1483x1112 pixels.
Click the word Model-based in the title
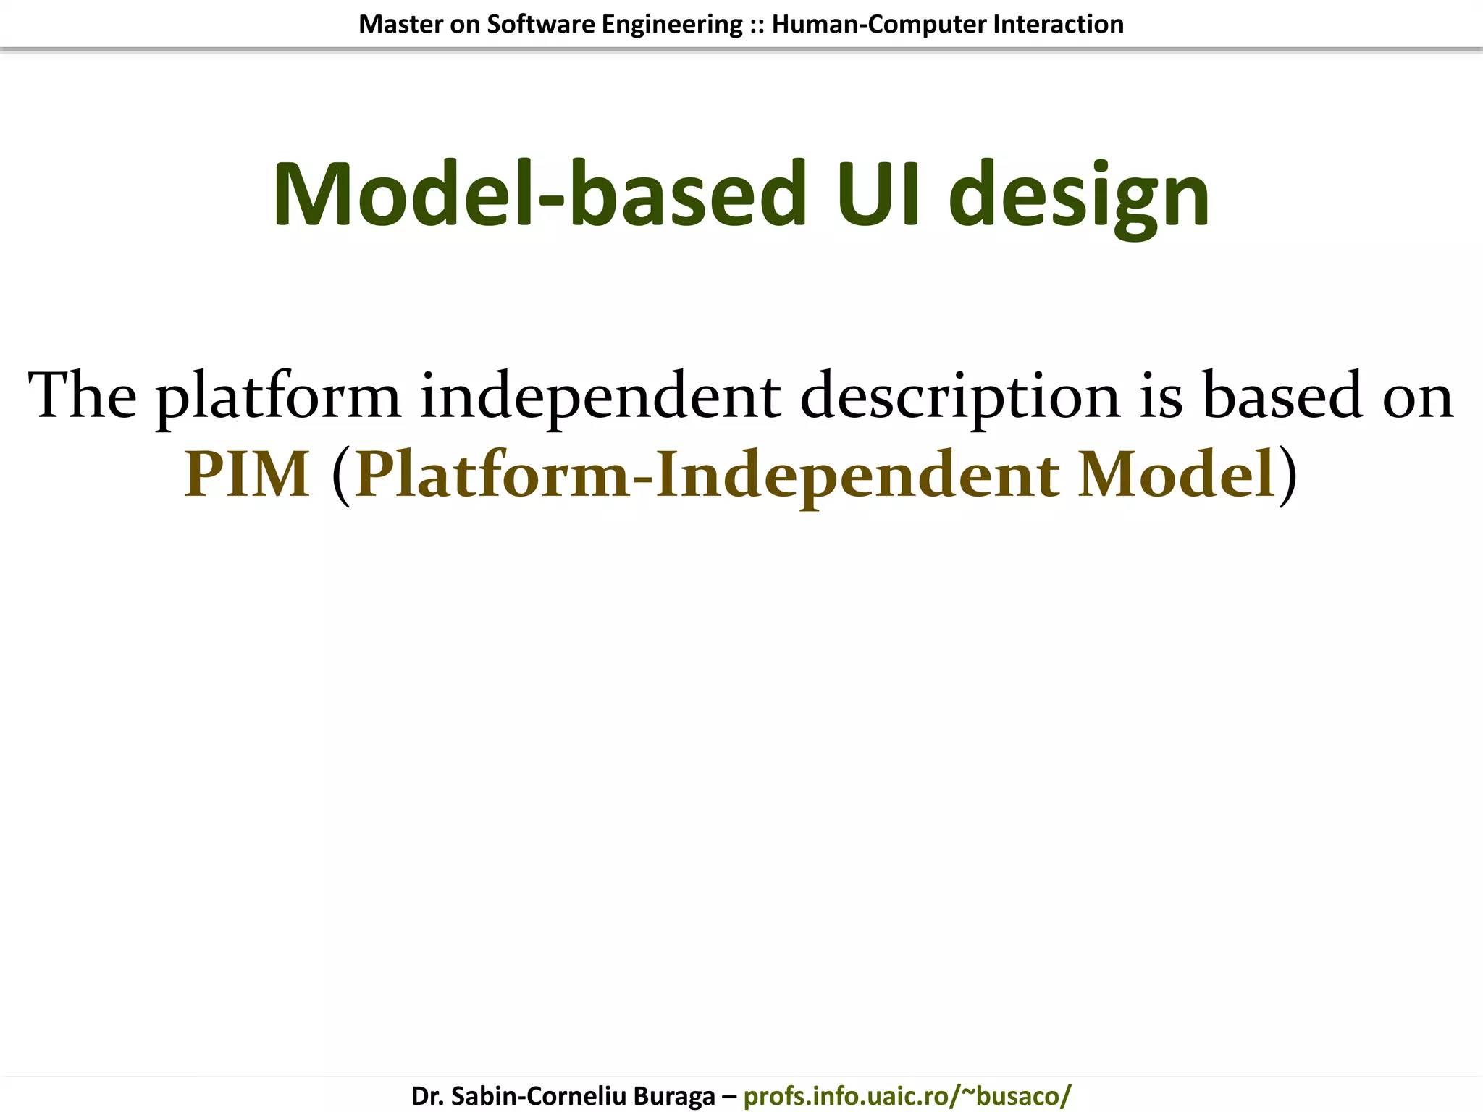[539, 195]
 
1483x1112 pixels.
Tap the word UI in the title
[878, 195]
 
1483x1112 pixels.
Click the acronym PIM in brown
[248, 475]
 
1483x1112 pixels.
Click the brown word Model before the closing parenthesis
[1176, 475]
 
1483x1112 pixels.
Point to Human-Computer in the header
[879, 25]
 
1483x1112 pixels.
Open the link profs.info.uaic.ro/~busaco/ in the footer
[907, 1096]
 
